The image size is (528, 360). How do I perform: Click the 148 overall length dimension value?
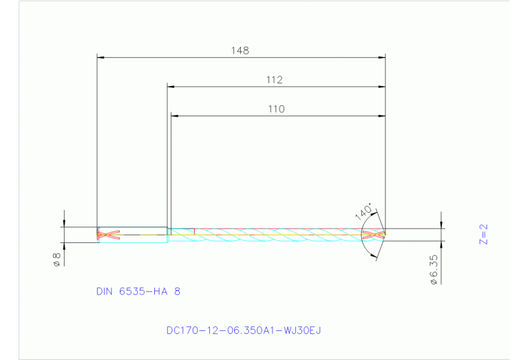(x=240, y=50)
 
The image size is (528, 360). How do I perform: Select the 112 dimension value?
(x=275, y=80)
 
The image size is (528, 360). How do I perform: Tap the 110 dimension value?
(x=276, y=109)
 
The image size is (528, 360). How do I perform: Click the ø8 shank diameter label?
(x=57, y=259)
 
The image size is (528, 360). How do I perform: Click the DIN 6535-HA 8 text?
(x=138, y=291)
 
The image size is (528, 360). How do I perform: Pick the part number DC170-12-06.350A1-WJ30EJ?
(x=244, y=330)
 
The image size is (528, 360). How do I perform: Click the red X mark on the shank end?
(x=109, y=235)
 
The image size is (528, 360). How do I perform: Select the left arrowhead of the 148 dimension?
(x=101, y=57)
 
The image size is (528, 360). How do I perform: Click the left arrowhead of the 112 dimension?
(x=171, y=87)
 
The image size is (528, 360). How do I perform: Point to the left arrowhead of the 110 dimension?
(x=174, y=116)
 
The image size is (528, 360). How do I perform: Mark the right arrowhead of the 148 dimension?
(x=381, y=57)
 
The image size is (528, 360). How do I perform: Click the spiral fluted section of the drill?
(x=275, y=235)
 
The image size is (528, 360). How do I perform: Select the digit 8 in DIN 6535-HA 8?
(x=178, y=291)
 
